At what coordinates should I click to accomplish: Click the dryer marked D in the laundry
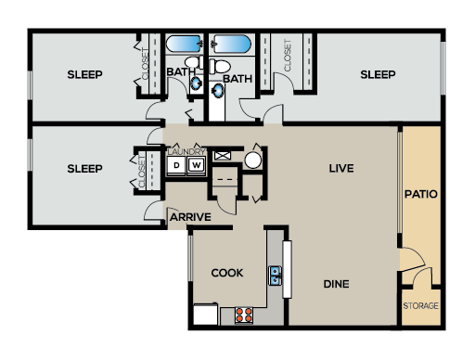(176, 166)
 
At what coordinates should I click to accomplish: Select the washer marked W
(197, 166)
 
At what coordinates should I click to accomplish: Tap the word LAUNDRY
(186, 151)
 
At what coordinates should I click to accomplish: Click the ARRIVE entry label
(190, 217)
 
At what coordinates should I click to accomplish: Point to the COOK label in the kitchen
(226, 273)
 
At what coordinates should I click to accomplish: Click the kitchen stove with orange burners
(244, 314)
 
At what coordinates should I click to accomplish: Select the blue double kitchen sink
(276, 275)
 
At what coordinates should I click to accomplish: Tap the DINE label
(336, 284)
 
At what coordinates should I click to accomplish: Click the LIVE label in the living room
(342, 168)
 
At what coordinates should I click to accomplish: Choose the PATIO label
(420, 195)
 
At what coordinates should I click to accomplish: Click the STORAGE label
(420, 305)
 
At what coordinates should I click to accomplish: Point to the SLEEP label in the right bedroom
(378, 74)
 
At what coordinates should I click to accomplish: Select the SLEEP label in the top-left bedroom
(84, 74)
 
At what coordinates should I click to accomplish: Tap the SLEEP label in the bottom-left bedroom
(84, 168)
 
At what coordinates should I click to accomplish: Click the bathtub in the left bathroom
(184, 44)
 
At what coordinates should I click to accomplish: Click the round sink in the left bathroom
(196, 83)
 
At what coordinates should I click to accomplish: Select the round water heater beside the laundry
(252, 161)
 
